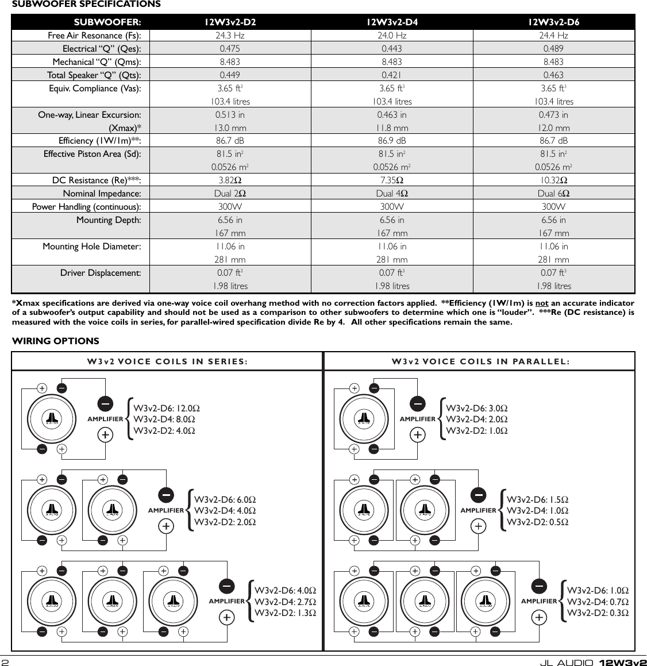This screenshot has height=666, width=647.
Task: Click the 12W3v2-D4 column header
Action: tap(392, 22)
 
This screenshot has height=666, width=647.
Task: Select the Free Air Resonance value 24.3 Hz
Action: tap(230, 36)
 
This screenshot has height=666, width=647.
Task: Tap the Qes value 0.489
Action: tap(553, 49)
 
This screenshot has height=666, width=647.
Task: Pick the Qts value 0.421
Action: tap(392, 75)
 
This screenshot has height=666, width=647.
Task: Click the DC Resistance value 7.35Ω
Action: tap(392, 180)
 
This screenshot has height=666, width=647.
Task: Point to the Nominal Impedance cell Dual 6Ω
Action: tap(553, 194)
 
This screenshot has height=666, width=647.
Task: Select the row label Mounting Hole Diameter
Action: tap(92, 247)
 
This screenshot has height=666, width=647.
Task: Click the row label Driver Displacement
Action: tap(101, 273)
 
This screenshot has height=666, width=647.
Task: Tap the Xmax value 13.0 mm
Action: tap(230, 128)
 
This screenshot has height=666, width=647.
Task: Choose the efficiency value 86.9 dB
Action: tap(392, 141)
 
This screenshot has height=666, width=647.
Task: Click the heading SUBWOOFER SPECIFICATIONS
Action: tap(87, 5)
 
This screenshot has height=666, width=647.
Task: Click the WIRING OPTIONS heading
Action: tap(56, 341)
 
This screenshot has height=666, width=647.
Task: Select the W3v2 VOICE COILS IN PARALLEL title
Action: tap(480, 361)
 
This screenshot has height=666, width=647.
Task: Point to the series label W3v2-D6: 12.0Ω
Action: tap(167, 409)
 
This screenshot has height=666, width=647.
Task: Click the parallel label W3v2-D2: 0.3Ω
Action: tap(597, 613)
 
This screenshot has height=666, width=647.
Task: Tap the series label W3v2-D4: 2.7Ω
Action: tap(285, 602)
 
